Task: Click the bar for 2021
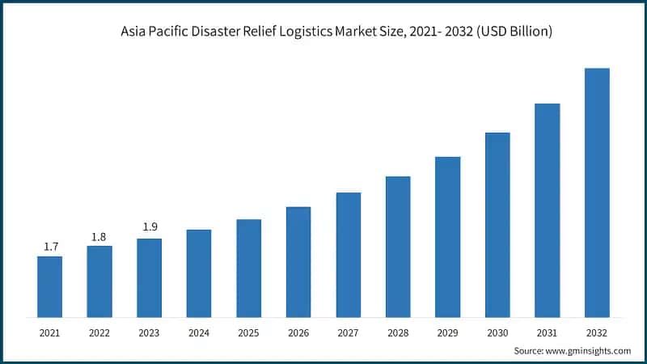click(x=49, y=286)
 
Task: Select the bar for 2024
click(x=199, y=273)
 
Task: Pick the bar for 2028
click(x=398, y=247)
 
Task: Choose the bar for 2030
click(x=497, y=225)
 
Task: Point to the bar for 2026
click(x=298, y=262)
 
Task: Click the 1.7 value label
click(x=50, y=247)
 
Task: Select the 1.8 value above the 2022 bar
click(x=99, y=236)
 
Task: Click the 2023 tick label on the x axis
click(x=150, y=332)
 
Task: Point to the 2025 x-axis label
click(x=249, y=332)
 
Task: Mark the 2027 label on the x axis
click(x=349, y=332)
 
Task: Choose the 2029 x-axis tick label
click(x=448, y=332)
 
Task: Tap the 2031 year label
click(x=548, y=332)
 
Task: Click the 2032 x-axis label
click(x=597, y=332)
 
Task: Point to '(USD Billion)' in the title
click(x=513, y=32)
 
